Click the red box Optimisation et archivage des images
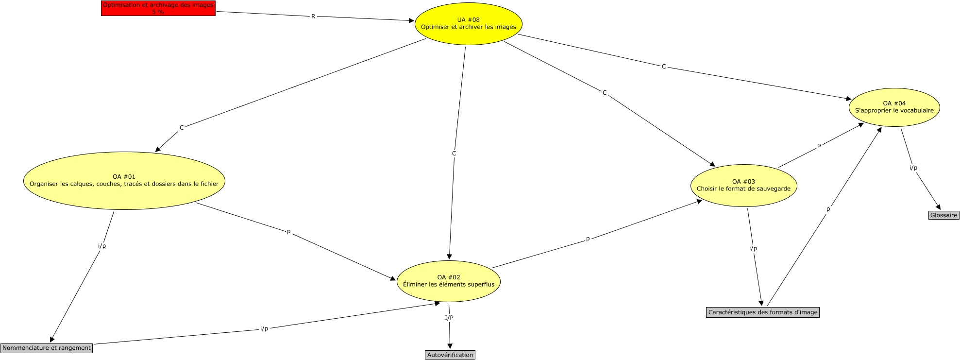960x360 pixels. (158, 8)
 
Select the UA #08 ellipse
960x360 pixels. (468, 24)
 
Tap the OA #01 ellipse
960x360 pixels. (124, 181)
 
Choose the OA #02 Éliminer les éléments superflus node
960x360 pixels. (448, 281)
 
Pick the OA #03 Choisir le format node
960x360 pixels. (743, 186)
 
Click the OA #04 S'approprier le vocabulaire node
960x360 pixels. (894, 107)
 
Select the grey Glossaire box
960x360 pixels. (943, 215)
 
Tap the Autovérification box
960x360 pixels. (450, 355)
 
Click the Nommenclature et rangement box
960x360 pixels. (47, 348)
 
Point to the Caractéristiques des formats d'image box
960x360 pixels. (762, 312)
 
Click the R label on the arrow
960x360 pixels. (313, 17)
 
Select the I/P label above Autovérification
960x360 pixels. (449, 318)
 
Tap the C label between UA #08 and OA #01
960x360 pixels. (182, 128)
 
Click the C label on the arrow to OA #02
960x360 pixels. (454, 154)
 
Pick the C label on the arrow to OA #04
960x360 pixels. (664, 67)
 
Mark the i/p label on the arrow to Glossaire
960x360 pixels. (913, 168)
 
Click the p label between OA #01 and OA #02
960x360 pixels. (289, 232)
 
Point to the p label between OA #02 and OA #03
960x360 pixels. (588, 239)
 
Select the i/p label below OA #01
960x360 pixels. (102, 246)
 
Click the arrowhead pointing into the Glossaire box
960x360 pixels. (939, 207)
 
